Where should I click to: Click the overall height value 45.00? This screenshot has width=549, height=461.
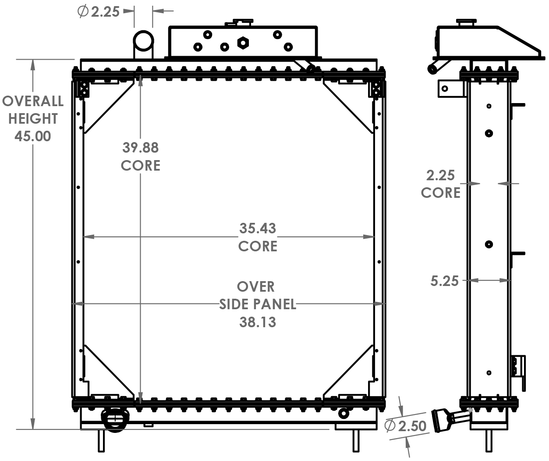pyautogui.click(x=33, y=136)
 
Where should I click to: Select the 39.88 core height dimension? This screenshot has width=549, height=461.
pyautogui.click(x=140, y=148)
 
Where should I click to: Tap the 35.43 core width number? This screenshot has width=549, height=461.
pyautogui.click(x=258, y=229)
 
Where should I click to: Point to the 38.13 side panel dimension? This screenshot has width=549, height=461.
pyautogui.click(x=258, y=322)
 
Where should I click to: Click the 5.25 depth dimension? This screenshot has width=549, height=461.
pyautogui.click(x=444, y=281)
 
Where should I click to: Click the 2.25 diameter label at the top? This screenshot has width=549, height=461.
pyautogui.click(x=105, y=12)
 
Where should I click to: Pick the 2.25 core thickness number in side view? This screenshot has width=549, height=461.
pyautogui.click(x=440, y=175)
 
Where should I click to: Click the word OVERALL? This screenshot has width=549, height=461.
pyautogui.click(x=33, y=101)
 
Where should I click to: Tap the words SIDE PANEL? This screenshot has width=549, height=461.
pyautogui.click(x=258, y=304)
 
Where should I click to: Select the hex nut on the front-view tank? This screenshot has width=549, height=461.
pyautogui.click(x=242, y=43)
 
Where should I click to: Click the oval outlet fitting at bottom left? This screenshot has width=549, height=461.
pyautogui.click(x=113, y=420)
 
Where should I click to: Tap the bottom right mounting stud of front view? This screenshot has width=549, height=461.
pyautogui.click(x=356, y=441)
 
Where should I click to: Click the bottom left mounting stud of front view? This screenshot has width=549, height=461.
pyautogui.click(x=101, y=441)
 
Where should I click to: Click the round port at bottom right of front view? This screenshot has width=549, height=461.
pyautogui.click(x=344, y=413)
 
